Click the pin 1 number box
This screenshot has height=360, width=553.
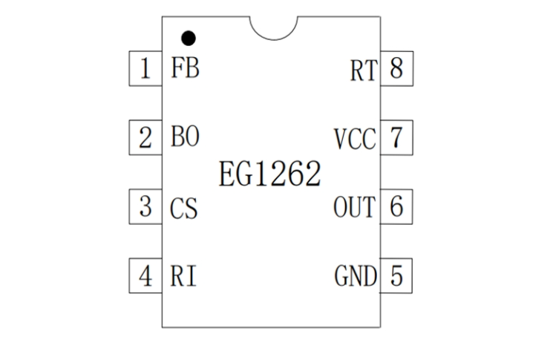145,69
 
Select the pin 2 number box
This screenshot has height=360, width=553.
145,138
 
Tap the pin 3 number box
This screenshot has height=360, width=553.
145,207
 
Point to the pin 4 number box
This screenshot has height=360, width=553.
145,276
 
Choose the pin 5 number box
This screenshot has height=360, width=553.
396,276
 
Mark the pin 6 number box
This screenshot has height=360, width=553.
396,207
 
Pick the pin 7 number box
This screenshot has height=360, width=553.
396,138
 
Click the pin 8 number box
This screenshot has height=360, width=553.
396,69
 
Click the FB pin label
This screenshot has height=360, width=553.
185,69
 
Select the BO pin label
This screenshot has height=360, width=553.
185,138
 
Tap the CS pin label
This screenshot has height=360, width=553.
184,208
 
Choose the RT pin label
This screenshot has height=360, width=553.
364,71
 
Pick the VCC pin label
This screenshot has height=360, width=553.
355,139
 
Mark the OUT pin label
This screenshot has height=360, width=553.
355,208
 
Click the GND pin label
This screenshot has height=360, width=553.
356,277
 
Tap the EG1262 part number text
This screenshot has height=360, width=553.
270,173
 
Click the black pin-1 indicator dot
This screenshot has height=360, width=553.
189,36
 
